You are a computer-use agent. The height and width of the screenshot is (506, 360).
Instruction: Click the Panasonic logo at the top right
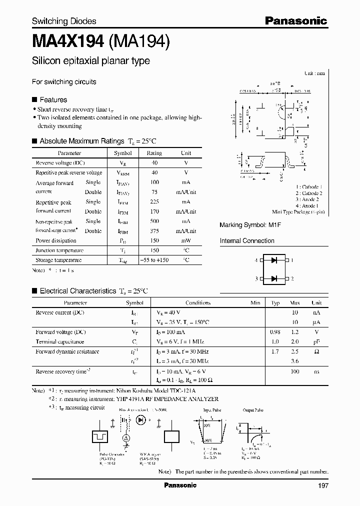tap(295, 21)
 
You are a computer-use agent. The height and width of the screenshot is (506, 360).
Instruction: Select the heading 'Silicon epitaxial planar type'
tap(90, 61)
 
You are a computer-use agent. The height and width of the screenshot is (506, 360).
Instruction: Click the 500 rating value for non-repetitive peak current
tap(154, 221)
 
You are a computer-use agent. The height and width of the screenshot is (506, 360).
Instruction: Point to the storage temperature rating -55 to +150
tap(154, 260)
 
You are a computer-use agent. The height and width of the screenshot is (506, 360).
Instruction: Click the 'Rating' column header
tap(154, 153)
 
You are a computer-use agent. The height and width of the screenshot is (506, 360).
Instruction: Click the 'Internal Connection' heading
tap(247, 241)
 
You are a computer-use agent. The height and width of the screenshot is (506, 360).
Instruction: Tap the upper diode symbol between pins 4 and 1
tap(273, 260)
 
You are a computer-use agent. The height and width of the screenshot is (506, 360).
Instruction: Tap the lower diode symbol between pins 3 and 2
tap(273, 278)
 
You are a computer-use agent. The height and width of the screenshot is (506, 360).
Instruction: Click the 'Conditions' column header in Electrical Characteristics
tap(198, 303)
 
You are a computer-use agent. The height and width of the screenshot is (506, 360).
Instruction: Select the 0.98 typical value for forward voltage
tap(275, 332)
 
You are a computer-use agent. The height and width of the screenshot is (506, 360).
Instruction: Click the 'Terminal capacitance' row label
tap(60, 341)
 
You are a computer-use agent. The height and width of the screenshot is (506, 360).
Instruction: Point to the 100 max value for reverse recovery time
tap(295, 371)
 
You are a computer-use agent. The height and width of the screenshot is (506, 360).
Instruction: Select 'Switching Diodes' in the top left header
tap(64, 21)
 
